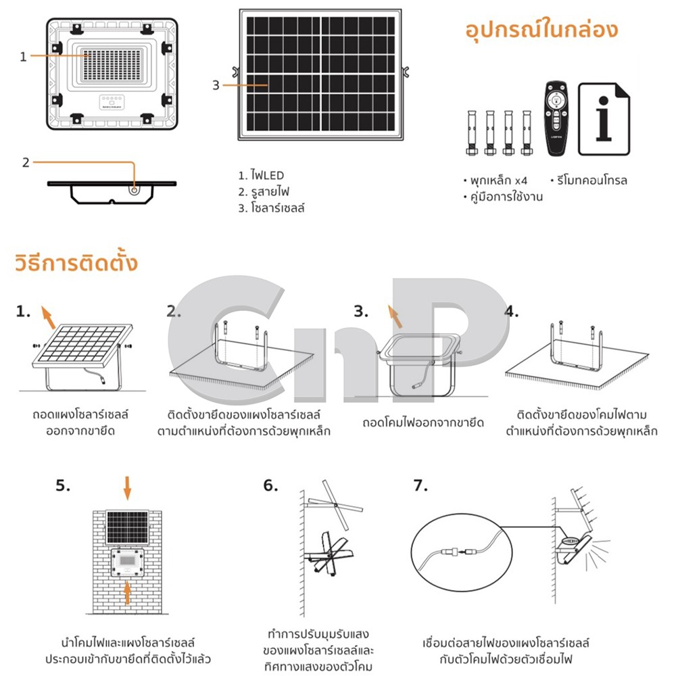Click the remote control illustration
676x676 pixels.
point(556,118)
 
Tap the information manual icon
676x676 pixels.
point(604,119)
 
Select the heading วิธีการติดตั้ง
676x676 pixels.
point(76,262)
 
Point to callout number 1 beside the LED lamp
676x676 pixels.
point(23,57)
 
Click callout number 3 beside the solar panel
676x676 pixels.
point(216,85)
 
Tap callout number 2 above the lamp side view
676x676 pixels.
point(26,162)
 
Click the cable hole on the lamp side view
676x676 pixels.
point(135,190)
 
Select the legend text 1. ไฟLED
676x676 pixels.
point(261,176)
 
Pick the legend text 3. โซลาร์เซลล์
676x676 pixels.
point(272,208)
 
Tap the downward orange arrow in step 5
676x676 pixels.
point(127,488)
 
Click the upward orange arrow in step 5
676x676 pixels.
point(127,593)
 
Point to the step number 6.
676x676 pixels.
point(270,486)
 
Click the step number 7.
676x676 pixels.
point(420,486)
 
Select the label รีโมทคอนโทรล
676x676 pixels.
point(589,180)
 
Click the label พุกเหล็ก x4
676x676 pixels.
point(496,180)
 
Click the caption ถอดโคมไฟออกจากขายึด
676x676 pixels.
point(423,422)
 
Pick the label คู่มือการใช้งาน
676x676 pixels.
point(503,197)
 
